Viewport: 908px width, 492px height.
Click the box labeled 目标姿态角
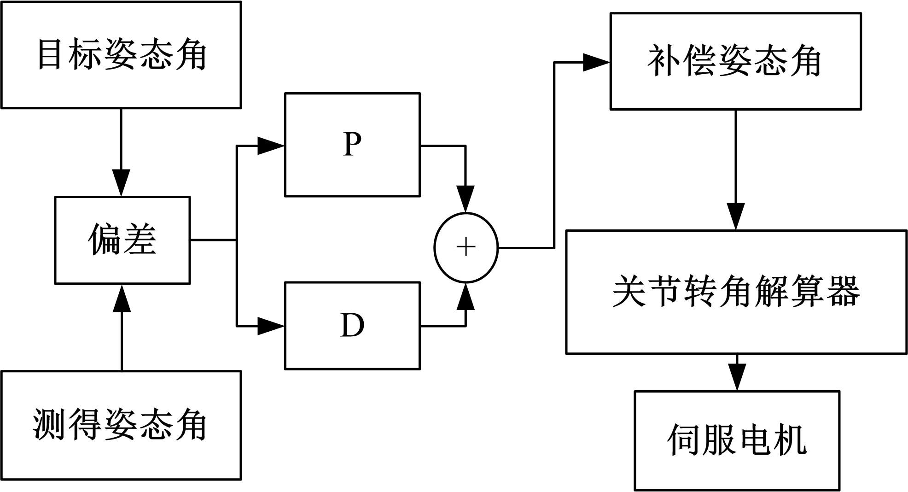tap(121, 55)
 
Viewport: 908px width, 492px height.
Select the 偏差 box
tap(122, 240)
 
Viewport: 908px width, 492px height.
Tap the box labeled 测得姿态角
tap(121, 425)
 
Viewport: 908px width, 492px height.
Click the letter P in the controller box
tap(352, 144)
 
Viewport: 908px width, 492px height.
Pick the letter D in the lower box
tap(352, 325)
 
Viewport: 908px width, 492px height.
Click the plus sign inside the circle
tap(466, 247)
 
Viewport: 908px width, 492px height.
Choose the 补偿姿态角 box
tap(735, 61)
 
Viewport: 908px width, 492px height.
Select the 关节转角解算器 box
tap(736, 292)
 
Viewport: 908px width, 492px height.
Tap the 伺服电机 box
tap(737, 440)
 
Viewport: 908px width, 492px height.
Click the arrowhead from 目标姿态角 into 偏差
tap(122, 183)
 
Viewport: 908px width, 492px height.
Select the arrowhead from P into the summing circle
tap(466, 199)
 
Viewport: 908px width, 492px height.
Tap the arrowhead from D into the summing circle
tap(466, 297)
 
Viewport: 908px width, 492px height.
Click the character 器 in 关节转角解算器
tap(843, 292)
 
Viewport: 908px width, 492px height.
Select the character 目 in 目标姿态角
tap(49, 55)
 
